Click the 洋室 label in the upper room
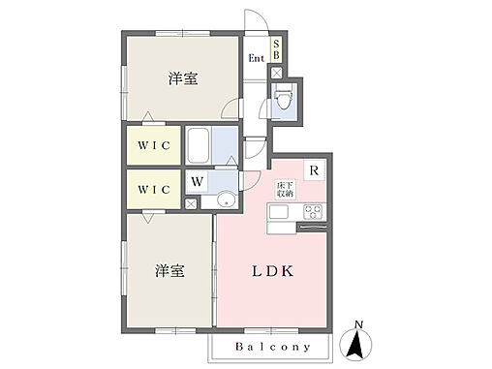tap(182, 79)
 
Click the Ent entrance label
tap(256, 58)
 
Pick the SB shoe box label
tap(276, 49)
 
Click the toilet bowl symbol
tap(283, 101)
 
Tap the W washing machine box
tap(197, 180)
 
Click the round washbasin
tap(225, 200)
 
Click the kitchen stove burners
tap(313, 212)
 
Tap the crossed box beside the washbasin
tap(191, 201)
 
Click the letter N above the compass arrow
tap(358, 324)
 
